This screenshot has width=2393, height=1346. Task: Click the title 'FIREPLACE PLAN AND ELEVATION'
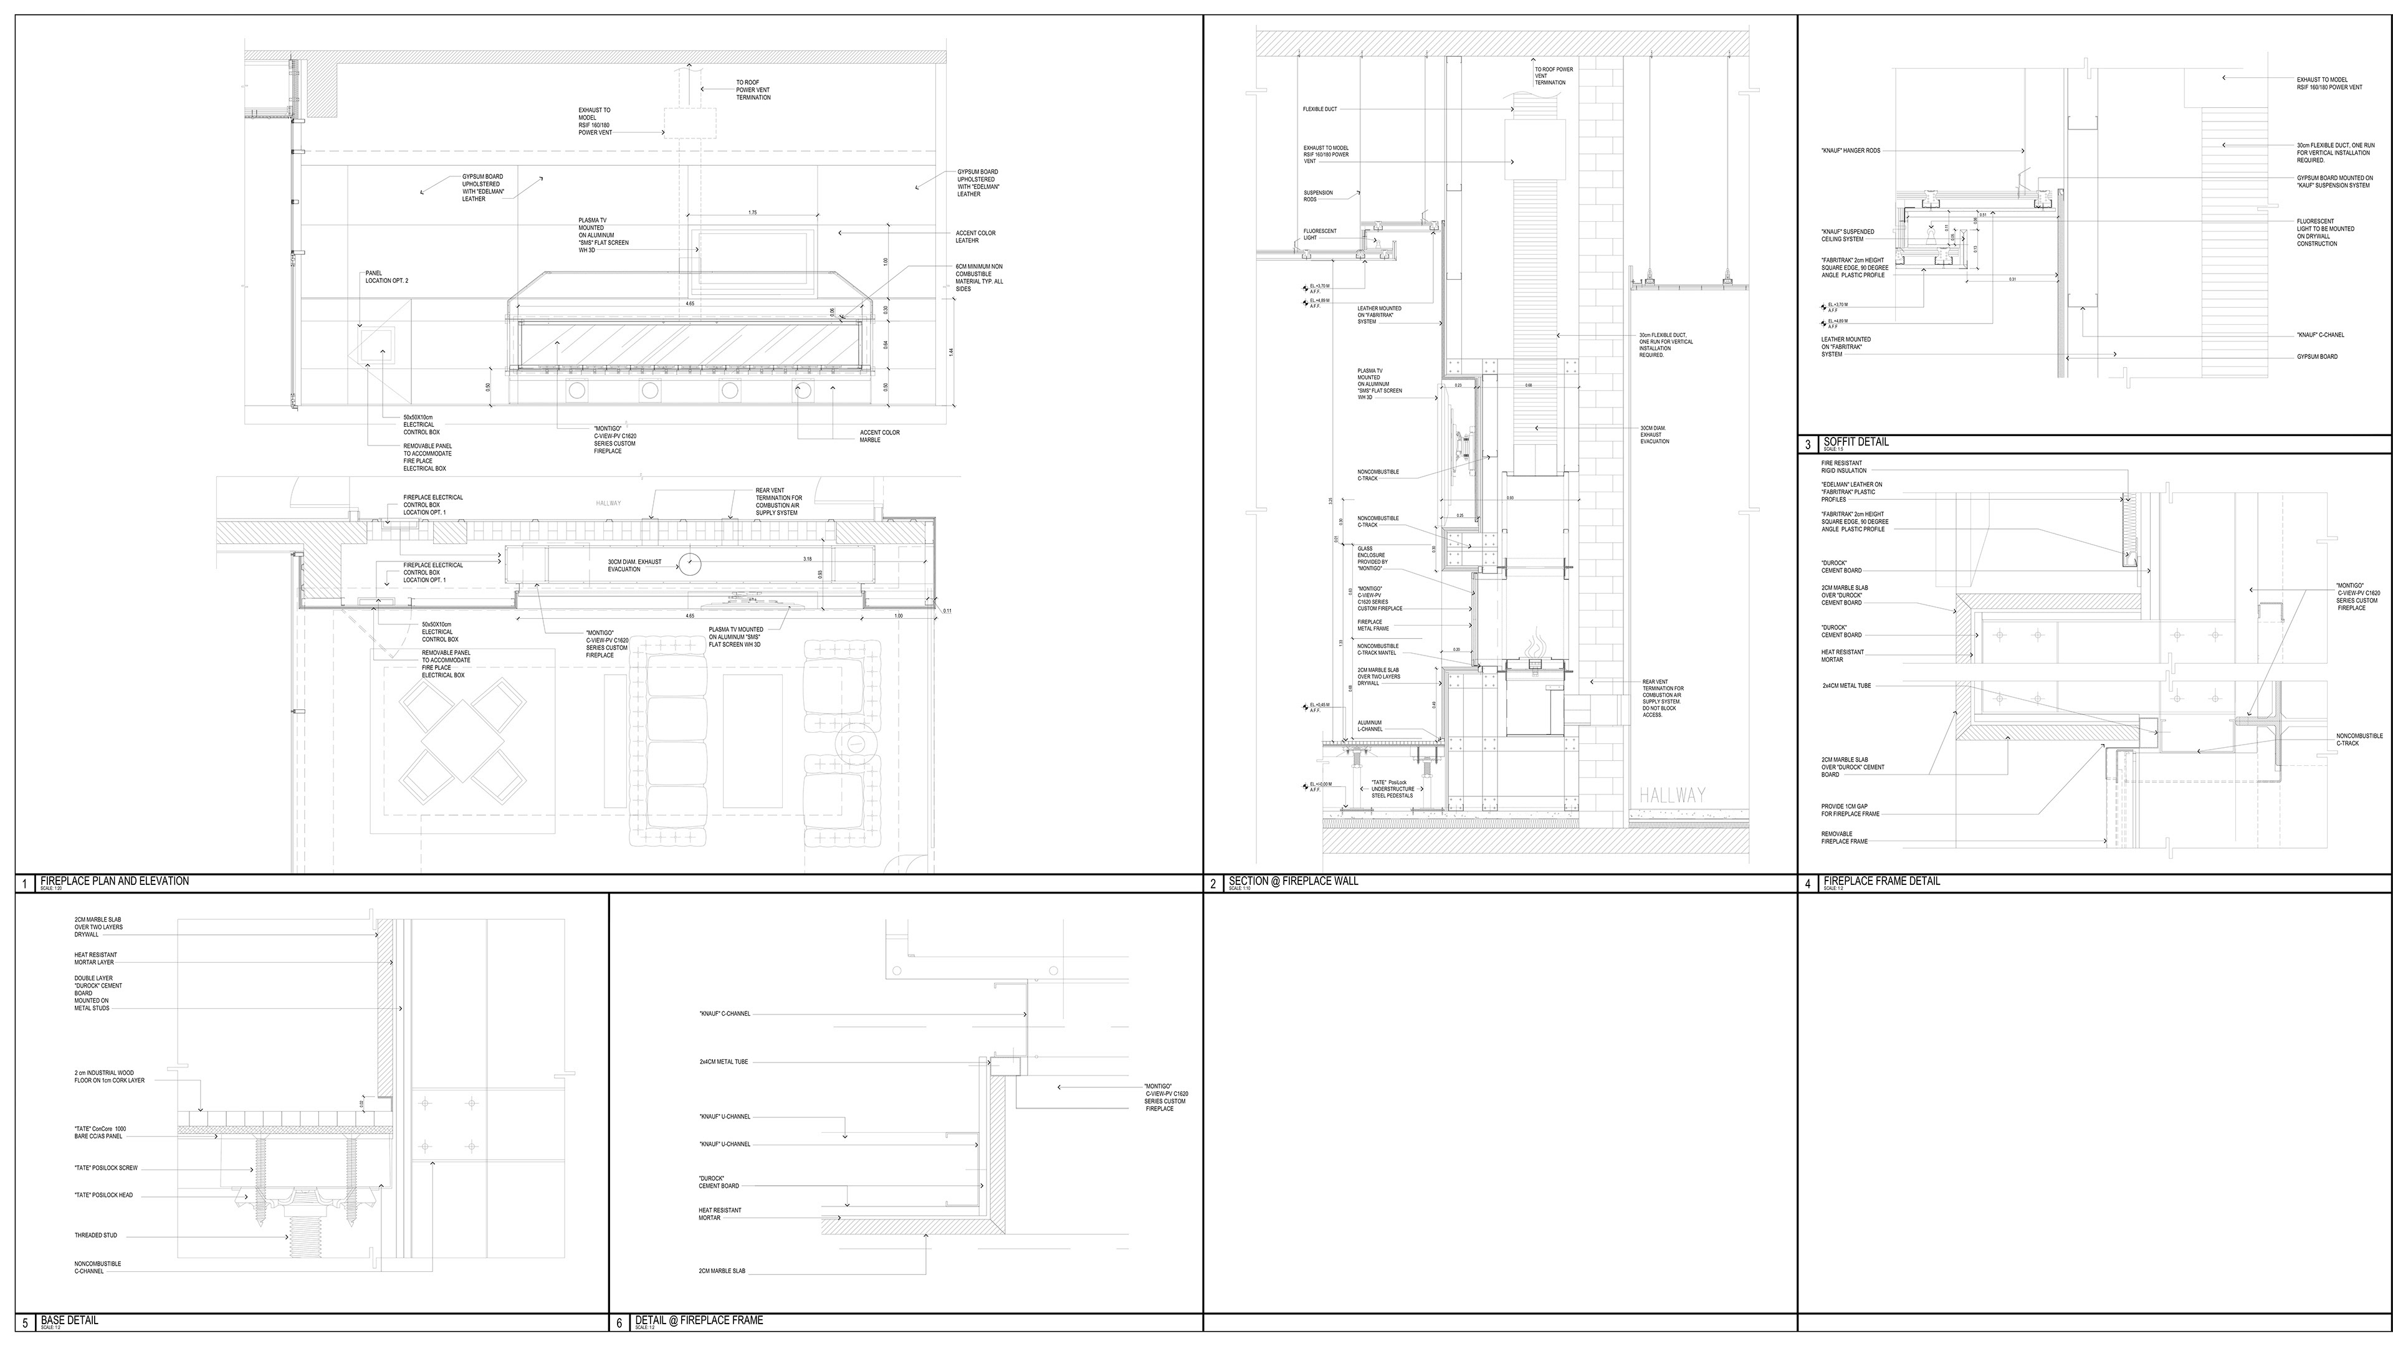[114, 881]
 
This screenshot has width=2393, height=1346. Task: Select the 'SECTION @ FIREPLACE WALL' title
[1292, 881]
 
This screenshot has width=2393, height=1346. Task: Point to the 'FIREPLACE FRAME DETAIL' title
[1881, 881]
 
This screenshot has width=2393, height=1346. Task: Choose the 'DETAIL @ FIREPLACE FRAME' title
[699, 1320]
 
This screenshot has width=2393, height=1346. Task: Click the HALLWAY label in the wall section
[1672, 795]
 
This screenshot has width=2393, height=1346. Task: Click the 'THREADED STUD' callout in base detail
[96, 1236]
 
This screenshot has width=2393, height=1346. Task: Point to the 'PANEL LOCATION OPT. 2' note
[386, 277]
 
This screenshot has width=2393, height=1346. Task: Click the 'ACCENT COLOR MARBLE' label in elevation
[879, 436]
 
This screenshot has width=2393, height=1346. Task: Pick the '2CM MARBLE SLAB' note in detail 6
[722, 1271]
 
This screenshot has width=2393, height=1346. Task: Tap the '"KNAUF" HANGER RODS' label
[1850, 150]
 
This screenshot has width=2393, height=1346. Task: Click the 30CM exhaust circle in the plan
[689, 564]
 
